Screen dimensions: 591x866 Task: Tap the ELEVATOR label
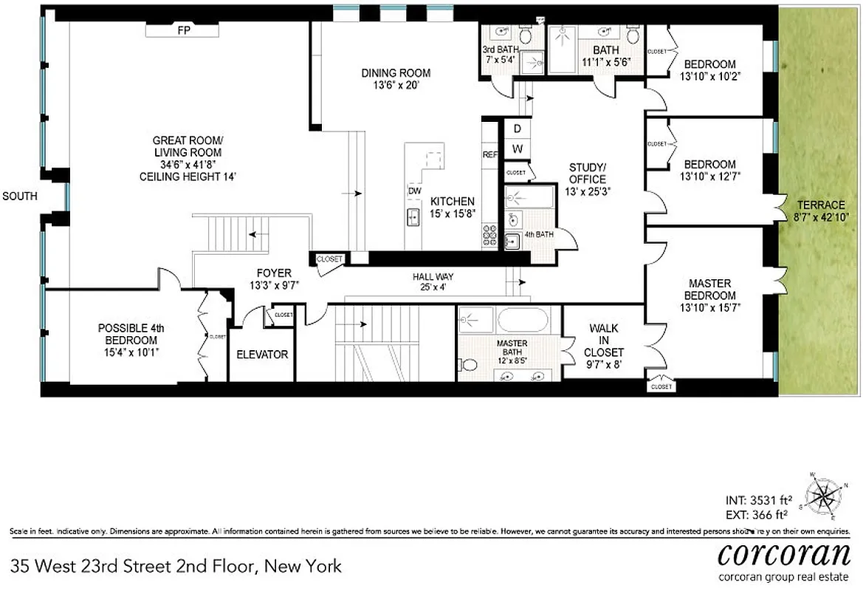click(x=262, y=355)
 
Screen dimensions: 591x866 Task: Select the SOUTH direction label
click(x=20, y=196)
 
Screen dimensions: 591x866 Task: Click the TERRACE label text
click(x=820, y=205)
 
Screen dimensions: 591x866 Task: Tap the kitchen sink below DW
click(x=414, y=217)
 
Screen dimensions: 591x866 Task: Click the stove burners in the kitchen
click(x=490, y=234)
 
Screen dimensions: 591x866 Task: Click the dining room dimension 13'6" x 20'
click(x=396, y=85)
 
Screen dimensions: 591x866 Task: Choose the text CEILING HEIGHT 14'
click(x=188, y=177)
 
